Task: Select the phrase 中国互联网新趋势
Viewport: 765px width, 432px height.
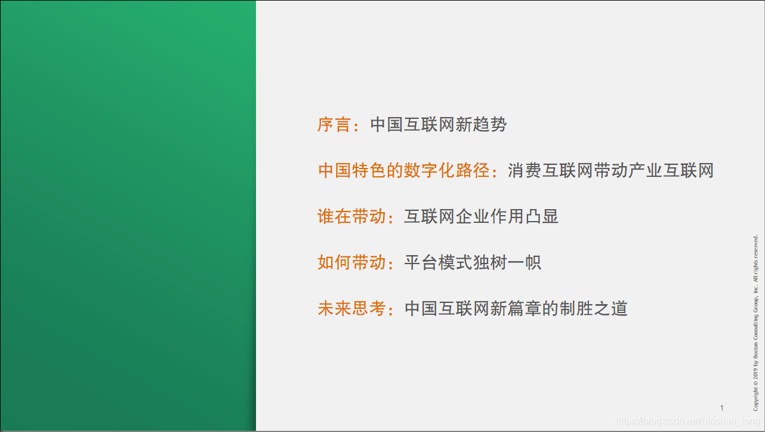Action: coord(439,125)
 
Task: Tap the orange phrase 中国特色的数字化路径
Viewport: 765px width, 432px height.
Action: coord(403,171)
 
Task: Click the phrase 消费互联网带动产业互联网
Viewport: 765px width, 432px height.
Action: coord(610,171)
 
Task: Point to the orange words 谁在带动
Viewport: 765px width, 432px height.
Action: coord(351,216)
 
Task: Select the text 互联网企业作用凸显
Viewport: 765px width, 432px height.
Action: coord(481,216)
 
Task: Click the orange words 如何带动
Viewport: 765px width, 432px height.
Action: coord(351,262)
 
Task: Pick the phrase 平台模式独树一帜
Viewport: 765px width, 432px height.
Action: coord(473,262)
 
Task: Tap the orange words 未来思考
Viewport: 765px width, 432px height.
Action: coord(351,308)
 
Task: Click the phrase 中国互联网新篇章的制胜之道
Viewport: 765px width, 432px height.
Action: coord(516,308)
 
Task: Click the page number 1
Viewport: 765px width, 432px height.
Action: coord(721,408)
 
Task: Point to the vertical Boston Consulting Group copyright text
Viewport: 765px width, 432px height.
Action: coord(755,323)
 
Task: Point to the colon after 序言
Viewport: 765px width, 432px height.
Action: coord(357,126)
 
